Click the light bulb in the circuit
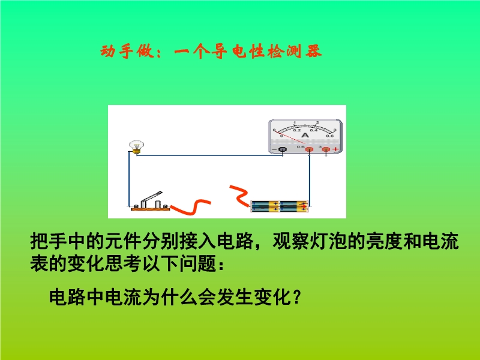[x=136, y=147]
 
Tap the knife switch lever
[x=152, y=199]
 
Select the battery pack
[x=280, y=206]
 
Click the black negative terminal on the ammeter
[x=283, y=149]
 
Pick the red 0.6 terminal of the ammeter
[x=310, y=149]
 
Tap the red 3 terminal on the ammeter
[x=326, y=149]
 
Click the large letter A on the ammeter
[x=305, y=135]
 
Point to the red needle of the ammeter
[x=290, y=137]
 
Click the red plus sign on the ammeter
[x=336, y=149]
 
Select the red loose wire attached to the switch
[x=191, y=207]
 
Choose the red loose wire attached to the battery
[x=239, y=195]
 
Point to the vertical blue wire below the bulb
[x=129, y=179]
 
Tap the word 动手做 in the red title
[x=127, y=51]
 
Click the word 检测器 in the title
[x=295, y=51]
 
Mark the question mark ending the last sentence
[x=296, y=297]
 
